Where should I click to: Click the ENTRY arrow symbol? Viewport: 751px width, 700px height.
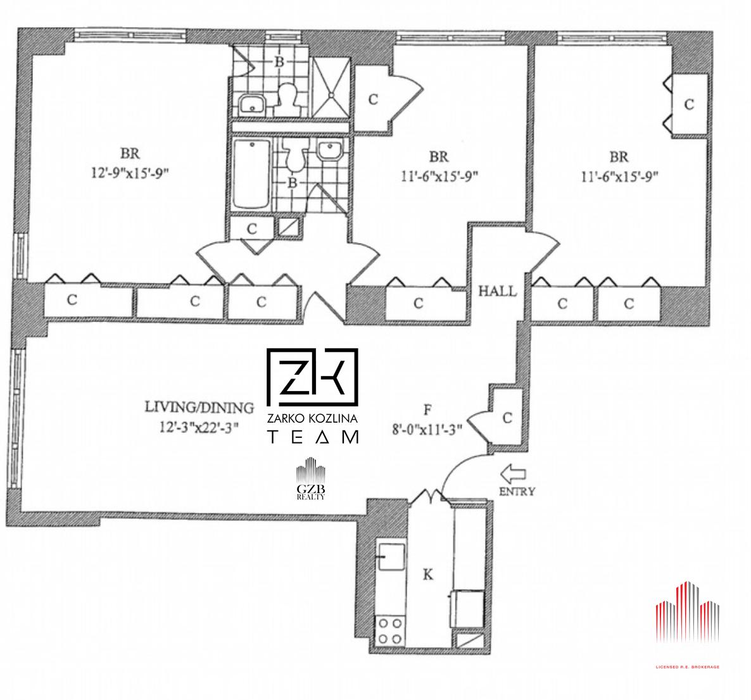point(512,474)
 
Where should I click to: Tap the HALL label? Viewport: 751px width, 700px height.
point(498,291)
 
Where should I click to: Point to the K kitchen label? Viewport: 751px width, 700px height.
point(428,574)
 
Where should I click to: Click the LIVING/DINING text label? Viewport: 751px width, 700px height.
point(199,408)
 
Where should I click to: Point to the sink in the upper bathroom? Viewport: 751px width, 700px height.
point(251,103)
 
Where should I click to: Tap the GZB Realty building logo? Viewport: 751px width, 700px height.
point(311,478)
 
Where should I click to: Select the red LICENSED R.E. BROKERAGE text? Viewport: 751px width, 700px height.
point(687,666)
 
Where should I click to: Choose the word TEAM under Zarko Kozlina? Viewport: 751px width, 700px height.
point(312,437)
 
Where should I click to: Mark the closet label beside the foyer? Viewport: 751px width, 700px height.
point(507,418)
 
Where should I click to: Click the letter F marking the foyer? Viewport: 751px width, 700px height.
point(427,409)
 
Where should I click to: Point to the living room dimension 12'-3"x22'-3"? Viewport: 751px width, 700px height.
point(199,428)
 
